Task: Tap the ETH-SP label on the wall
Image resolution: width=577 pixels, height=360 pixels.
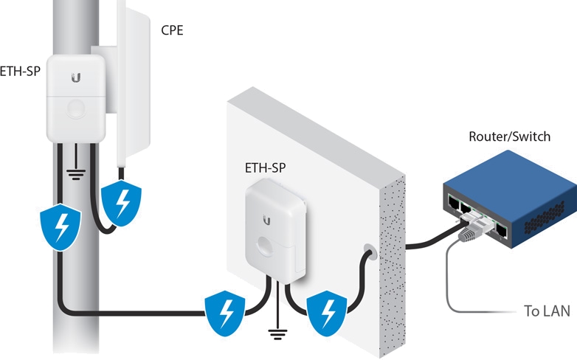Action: point(265,167)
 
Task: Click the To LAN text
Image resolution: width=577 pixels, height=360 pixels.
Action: point(547,311)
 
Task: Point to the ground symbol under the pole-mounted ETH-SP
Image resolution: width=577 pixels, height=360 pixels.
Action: point(74,174)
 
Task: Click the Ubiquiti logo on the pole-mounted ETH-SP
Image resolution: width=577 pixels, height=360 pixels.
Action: point(76,77)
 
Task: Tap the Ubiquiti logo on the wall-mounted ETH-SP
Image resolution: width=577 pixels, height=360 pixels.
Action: point(266,219)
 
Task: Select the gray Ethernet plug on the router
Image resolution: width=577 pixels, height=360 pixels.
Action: point(470,233)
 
